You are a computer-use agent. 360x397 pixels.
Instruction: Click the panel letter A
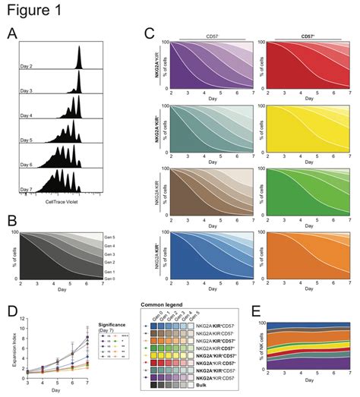click(11, 33)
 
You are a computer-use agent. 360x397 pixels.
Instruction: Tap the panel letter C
click(149, 33)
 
